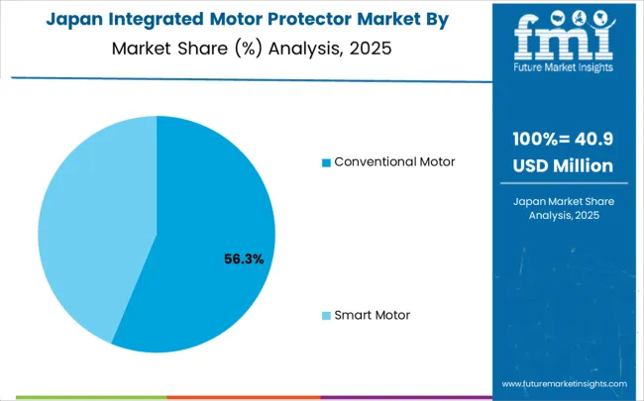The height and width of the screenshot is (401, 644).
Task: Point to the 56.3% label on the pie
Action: [244, 259]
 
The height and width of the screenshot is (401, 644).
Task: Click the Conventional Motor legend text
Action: [394, 161]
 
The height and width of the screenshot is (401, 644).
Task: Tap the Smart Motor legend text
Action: [372, 315]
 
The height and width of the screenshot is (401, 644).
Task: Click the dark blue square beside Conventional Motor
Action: [327, 162]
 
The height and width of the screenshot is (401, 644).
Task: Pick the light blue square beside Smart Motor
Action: [327, 316]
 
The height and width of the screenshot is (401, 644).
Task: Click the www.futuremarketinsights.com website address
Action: [565, 383]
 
